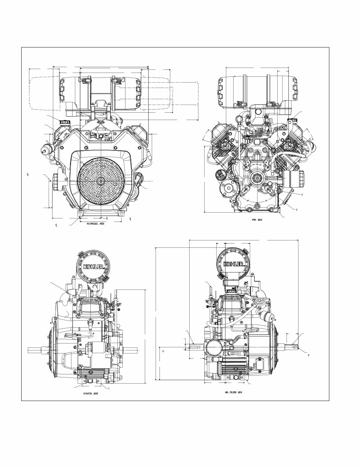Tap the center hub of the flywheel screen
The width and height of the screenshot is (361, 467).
pyautogui.click(x=100, y=181)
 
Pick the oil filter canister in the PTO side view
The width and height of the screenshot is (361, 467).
pyautogui.click(x=295, y=179)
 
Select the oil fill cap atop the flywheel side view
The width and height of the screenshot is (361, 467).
pyautogui.click(x=64, y=122)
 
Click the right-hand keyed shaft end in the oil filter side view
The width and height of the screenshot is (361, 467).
pyautogui.click(x=293, y=347)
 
